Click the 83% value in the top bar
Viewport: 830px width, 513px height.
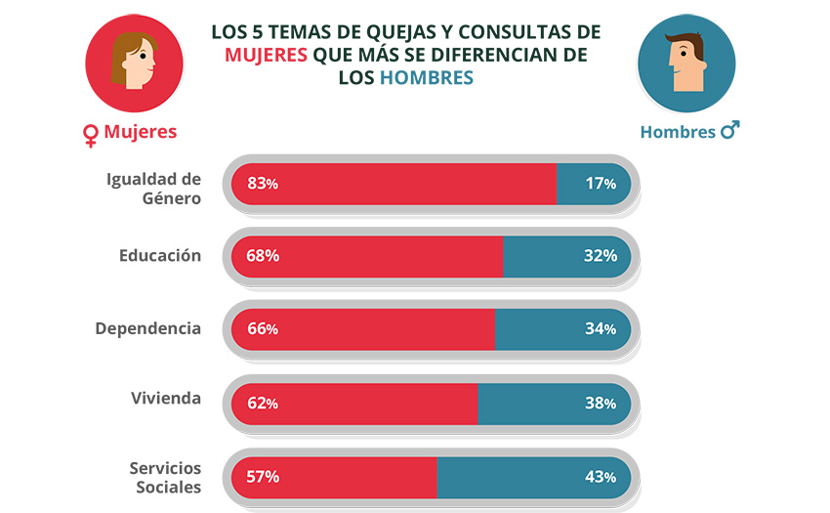click(263, 183)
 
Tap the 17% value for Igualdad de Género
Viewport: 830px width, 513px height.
click(601, 183)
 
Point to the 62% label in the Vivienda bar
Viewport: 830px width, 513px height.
click(263, 403)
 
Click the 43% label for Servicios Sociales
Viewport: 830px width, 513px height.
click(601, 477)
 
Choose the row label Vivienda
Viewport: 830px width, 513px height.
click(166, 398)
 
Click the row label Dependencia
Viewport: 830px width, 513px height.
click(148, 327)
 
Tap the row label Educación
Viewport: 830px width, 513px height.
click(160, 255)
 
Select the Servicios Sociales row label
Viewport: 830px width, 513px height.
click(165, 477)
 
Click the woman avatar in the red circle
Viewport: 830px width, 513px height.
click(133, 64)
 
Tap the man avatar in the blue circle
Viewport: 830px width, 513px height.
click(686, 64)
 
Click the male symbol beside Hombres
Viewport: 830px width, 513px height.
click(729, 130)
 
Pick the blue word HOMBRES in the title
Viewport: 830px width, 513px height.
click(427, 77)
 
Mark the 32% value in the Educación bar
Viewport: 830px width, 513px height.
click(601, 256)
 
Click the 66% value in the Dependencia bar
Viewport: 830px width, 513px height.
click(263, 329)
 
